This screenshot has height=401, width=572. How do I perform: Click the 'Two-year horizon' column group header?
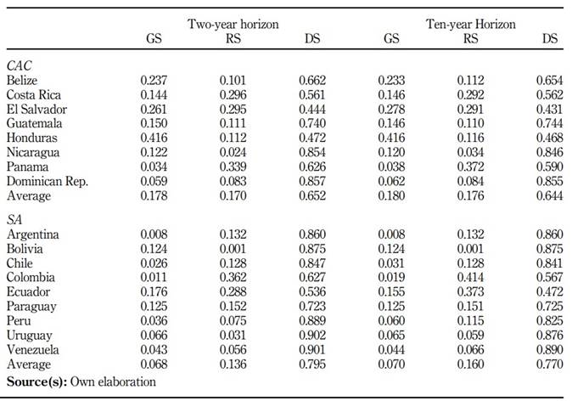233,24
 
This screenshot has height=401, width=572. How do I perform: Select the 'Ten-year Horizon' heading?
471,24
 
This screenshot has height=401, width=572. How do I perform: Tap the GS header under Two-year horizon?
154,38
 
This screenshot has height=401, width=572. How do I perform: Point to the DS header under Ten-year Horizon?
550,38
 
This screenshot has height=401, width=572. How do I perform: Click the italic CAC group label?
20,65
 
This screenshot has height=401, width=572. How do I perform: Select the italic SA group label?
14,219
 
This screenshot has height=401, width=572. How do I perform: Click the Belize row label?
22,81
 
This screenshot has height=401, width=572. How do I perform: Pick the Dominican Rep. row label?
48,182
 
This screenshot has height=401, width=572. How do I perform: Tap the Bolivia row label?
25,249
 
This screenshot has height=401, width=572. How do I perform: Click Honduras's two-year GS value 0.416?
154,138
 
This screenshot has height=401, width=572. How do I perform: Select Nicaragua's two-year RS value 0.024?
233,152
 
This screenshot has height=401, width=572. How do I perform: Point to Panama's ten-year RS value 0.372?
471,167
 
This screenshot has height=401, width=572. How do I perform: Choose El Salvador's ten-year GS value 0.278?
391,110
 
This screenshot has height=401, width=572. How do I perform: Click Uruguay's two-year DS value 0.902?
312,336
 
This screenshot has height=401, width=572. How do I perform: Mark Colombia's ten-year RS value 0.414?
471,277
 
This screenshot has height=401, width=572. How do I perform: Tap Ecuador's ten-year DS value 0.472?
550,291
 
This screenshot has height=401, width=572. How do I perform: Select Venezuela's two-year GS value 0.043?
154,349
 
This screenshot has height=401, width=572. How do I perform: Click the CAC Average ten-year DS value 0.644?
550,195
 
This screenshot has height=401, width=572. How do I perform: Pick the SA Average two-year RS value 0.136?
233,364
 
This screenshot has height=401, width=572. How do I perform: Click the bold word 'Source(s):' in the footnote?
36,382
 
